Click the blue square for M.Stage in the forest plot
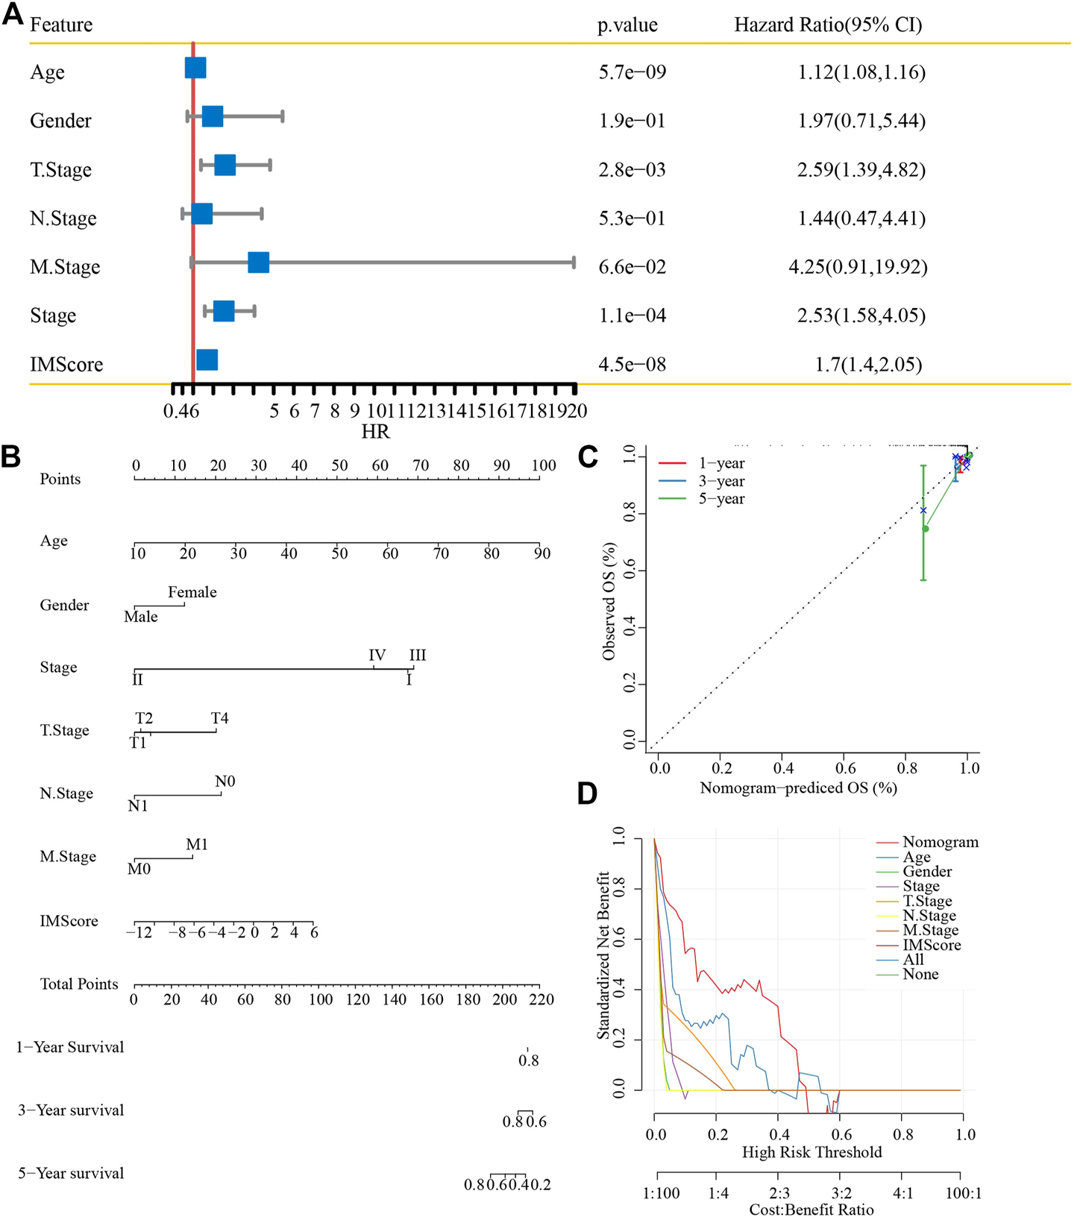tap(258, 262)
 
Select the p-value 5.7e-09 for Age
tap(632, 72)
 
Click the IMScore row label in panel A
tap(66, 365)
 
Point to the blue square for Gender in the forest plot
tap(213, 116)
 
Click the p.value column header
tap(627, 25)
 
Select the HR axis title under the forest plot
tap(375, 432)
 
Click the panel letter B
tap(11, 456)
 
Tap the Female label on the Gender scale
tap(192, 593)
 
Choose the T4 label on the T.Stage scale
tap(219, 719)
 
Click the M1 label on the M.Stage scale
tap(197, 845)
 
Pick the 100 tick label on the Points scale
tap(544, 466)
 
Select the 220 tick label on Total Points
tap(541, 1000)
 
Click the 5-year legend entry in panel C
tap(721, 500)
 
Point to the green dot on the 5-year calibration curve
tap(926, 529)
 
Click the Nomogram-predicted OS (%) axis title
tap(798, 788)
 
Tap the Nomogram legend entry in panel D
tap(940, 843)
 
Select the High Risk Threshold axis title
tap(811, 1153)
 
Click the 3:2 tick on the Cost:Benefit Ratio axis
tap(841, 1194)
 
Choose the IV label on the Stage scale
tap(377, 655)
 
